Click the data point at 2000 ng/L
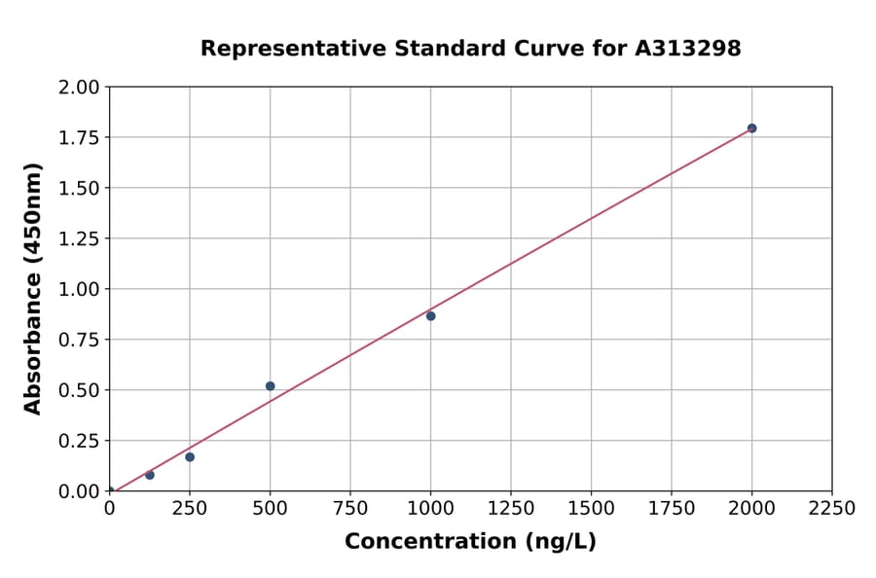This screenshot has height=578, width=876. coord(751,128)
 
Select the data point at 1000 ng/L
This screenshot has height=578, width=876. coord(430,316)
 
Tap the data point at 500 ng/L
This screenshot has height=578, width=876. coord(270,386)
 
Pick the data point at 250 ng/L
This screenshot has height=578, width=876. coord(190,457)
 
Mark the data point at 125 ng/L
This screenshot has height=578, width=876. coord(150,475)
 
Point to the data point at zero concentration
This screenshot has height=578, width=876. coord(110,491)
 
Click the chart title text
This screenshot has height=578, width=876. coord(470,49)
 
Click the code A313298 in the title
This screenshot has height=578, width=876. coord(690,49)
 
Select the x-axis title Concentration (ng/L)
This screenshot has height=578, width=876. coord(470,542)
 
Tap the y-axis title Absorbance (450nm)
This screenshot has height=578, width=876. coord(33,289)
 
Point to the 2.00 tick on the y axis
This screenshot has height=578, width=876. coord(79,88)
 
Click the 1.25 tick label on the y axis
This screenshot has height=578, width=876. coord(79,238)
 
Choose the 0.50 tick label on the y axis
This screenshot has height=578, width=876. coord(79,390)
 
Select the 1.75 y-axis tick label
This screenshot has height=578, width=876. coord(79,137)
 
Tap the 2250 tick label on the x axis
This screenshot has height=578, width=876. coord(832,509)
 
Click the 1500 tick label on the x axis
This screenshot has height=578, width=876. coord(591,509)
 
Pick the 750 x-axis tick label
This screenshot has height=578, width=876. coord(350,509)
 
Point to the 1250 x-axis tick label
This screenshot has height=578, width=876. coord(511,509)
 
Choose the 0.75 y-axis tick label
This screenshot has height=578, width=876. coord(79,340)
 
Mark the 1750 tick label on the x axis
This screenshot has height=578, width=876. coord(672,509)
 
